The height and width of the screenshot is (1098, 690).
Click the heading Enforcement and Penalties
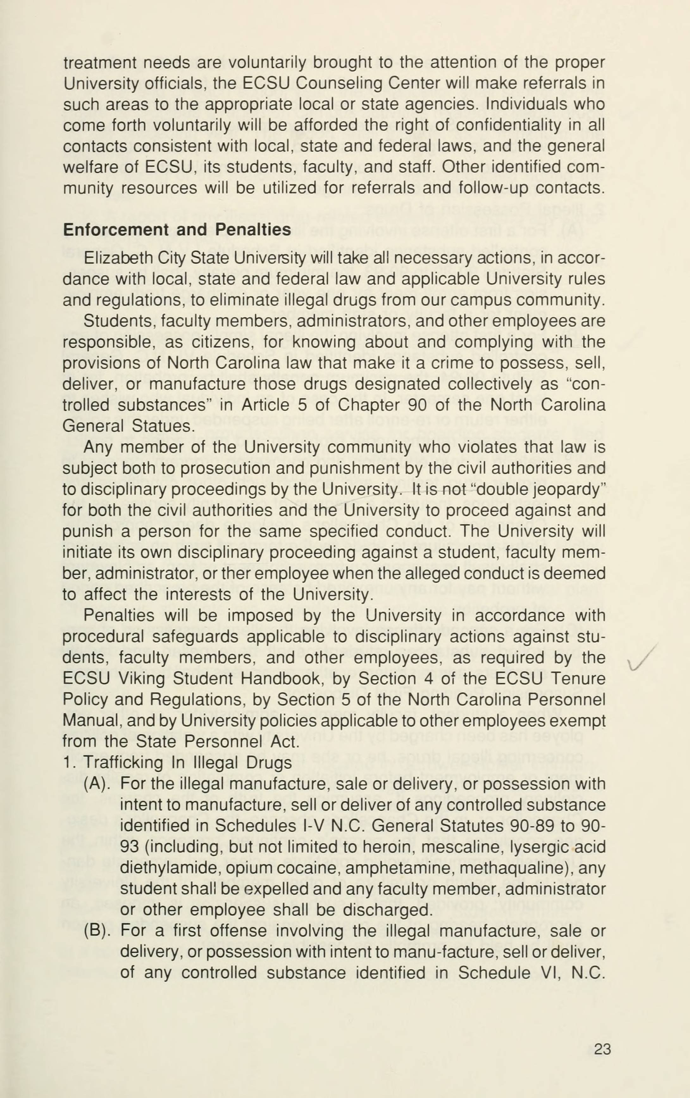177,230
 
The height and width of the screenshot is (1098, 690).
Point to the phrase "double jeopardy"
536,489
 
